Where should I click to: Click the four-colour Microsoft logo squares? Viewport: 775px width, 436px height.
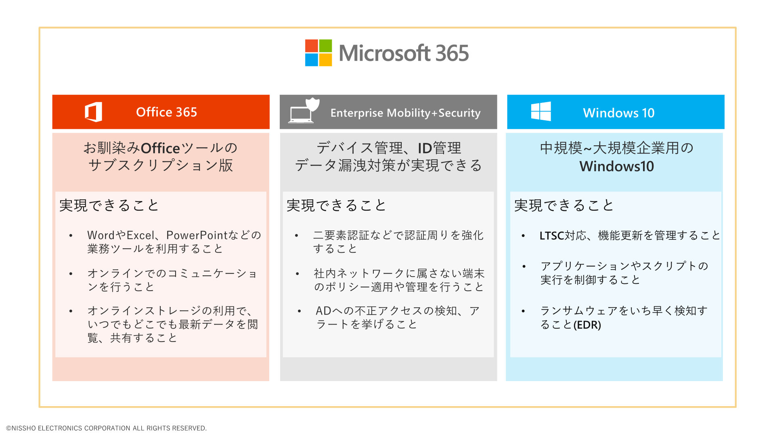[318, 53]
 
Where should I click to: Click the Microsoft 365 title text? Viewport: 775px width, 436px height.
[404, 53]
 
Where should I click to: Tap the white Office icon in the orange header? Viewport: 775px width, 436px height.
[94, 112]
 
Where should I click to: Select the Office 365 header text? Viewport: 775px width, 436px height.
[166, 112]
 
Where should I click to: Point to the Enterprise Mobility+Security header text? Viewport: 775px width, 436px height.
[405, 113]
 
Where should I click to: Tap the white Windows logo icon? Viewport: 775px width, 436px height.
[541, 111]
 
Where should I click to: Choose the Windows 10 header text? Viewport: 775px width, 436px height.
[618, 113]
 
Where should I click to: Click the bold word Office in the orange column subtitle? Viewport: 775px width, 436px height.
[160, 149]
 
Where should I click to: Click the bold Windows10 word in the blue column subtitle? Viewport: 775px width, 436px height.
[616, 166]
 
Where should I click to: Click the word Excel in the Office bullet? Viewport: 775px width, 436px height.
[140, 235]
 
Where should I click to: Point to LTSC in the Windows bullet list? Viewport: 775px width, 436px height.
[551, 236]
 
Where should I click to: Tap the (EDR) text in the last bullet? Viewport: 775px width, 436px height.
[587, 325]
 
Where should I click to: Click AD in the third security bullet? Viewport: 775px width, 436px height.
[324, 311]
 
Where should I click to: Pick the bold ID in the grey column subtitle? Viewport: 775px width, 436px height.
[425, 149]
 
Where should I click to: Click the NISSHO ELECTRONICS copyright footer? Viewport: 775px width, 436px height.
[106, 428]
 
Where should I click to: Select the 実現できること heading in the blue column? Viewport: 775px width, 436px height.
[564, 205]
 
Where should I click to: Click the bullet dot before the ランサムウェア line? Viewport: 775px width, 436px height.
[523, 311]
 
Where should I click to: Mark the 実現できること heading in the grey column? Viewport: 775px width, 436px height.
[336, 205]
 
